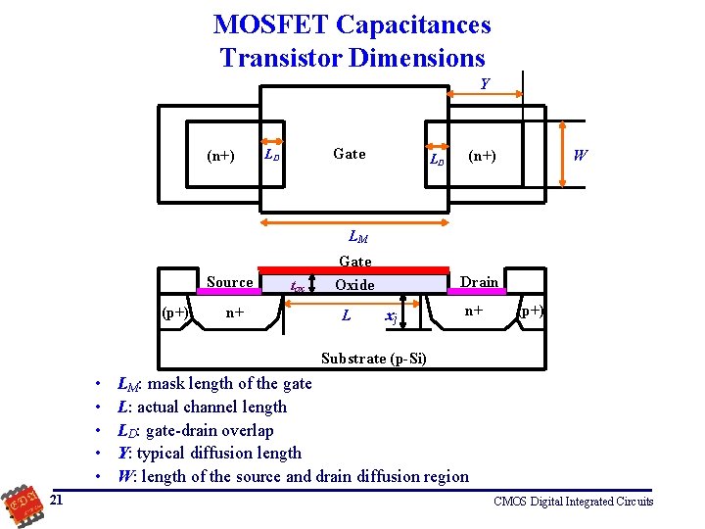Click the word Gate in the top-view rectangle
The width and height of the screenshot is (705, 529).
click(x=350, y=154)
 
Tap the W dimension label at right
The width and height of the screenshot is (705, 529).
click(x=581, y=155)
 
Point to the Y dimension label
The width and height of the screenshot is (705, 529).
click(x=485, y=84)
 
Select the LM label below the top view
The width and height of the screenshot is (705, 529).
click(x=358, y=236)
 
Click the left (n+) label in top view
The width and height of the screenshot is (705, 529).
click(x=220, y=155)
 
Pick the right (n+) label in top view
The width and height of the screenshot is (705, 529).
click(x=482, y=155)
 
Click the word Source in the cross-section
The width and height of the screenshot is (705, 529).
click(x=230, y=282)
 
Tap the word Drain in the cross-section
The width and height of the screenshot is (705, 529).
click(x=479, y=282)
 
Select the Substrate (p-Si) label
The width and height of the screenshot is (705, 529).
click(x=373, y=359)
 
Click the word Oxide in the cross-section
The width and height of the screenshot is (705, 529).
click(x=354, y=285)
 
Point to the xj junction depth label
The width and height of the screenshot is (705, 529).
click(x=391, y=316)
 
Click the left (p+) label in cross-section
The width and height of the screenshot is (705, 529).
click(x=176, y=313)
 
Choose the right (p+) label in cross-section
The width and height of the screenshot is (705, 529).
click(x=533, y=312)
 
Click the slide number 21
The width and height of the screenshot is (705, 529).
click(x=57, y=501)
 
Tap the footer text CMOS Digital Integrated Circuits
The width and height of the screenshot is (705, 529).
click(x=574, y=502)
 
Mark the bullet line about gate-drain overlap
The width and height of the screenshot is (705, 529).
click(x=196, y=430)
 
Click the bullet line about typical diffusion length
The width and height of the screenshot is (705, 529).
click(x=210, y=453)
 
